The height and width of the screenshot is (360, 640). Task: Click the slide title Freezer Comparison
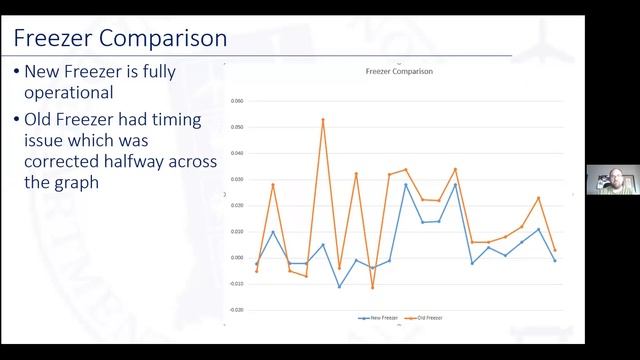tap(119, 39)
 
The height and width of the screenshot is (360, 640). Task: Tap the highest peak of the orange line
tap(323, 120)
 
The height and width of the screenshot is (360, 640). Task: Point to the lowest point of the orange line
tap(373, 288)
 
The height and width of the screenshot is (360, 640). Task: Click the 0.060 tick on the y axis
tap(237, 101)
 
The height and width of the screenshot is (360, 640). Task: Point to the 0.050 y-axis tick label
tap(237, 127)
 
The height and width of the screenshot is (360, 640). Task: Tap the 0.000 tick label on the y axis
tap(237, 258)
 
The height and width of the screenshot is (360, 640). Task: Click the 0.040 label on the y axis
tap(237, 153)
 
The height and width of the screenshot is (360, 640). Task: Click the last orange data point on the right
tap(555, 250)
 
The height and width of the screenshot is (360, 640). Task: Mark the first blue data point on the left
tap(256, 264)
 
